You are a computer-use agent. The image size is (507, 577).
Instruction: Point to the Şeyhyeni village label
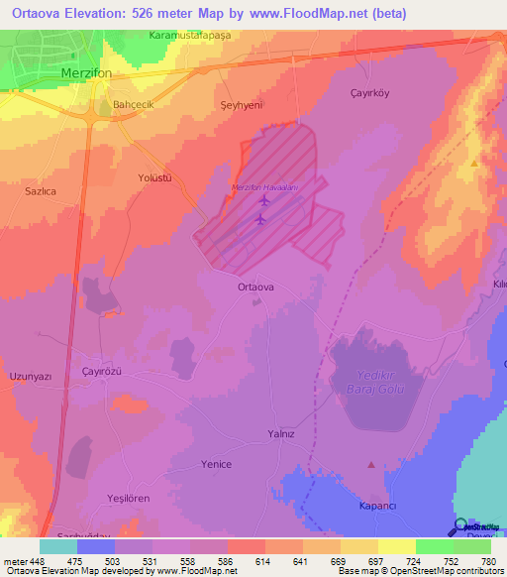240,104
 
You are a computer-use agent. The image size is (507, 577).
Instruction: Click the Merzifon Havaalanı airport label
262,188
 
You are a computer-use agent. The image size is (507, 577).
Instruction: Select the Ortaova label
255,287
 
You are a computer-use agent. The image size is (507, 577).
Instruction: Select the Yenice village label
216,464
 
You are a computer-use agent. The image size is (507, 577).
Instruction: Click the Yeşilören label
129,500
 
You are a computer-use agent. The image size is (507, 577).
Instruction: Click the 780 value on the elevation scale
488,561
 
